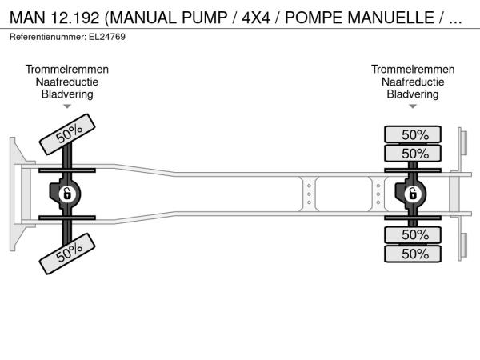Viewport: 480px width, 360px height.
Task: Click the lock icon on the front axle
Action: tap(68, 194)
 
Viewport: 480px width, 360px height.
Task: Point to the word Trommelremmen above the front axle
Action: tap(67, 70)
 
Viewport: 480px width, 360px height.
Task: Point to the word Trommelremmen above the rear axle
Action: tap(413, 70)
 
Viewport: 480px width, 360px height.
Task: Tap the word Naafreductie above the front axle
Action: tap(67, 82)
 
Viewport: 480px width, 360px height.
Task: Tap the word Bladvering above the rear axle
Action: tap(413, 94)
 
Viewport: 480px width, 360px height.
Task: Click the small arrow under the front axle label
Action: tap(67, 106)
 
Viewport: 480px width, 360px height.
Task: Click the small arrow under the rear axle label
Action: tap(413, 106)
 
